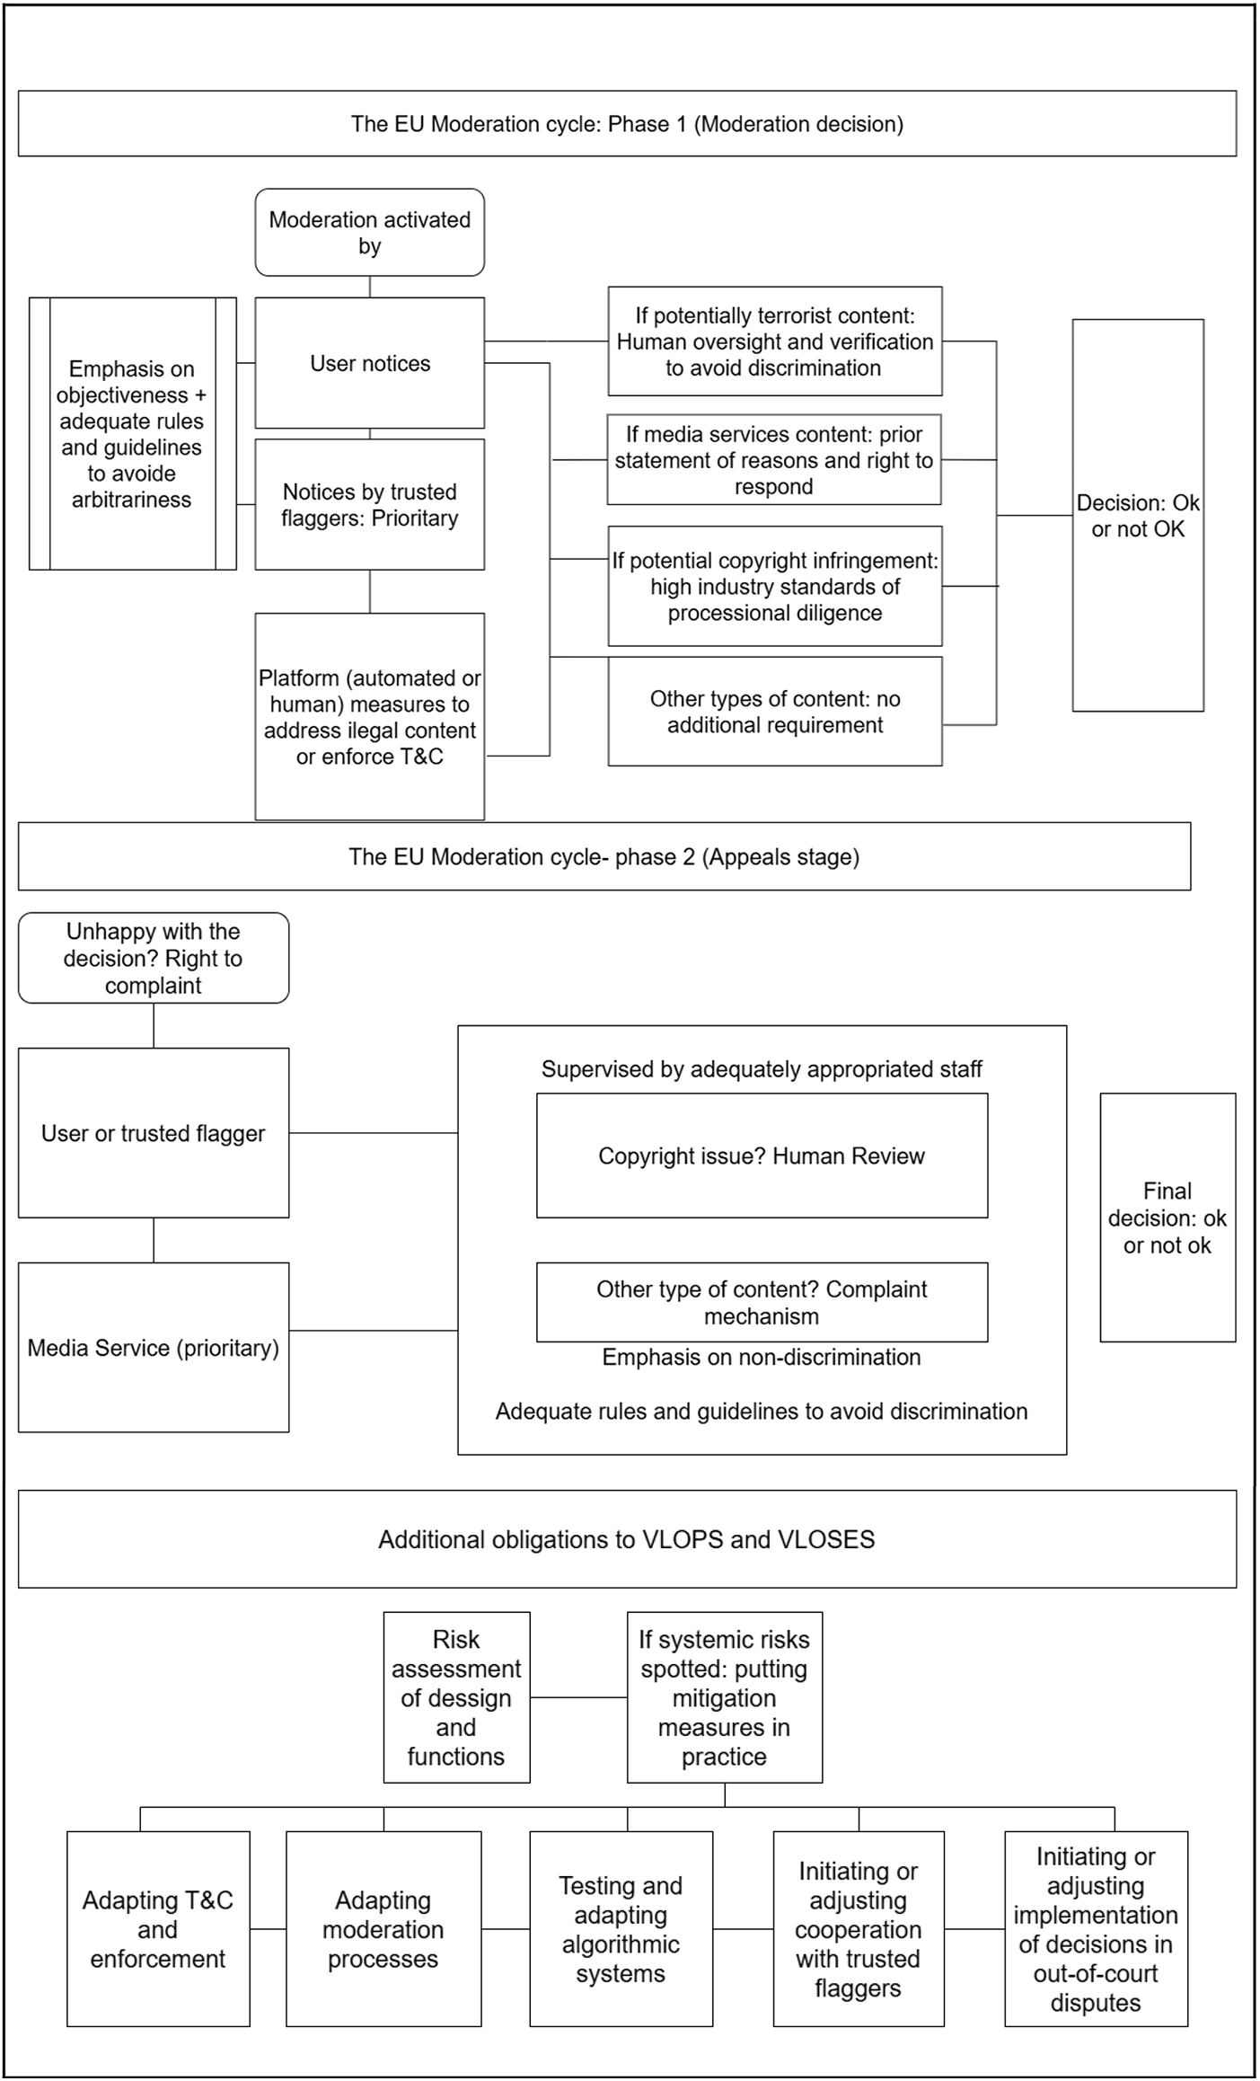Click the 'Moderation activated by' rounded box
pos(369,232)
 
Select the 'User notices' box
pos(369,363)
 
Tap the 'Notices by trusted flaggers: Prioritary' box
pos(369,504)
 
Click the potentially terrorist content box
pos(775,341)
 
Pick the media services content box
pos(774,460)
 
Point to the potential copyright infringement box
pos(775,586)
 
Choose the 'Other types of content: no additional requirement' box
pos(775,712)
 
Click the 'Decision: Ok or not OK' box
pos(1138,515)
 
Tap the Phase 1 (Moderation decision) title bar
pos(627,123)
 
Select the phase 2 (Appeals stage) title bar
pos(604,856)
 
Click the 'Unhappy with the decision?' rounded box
pos(154,958)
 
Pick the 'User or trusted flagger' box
pos(154,1133)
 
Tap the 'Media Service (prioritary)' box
pos(154,1348)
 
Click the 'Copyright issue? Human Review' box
pos(762,1156)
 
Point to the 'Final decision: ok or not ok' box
pos(1167,1218)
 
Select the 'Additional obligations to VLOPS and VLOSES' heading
pos(627,1539)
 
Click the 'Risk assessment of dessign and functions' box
pos(456,1697)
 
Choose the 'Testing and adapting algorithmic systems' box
pos(621,1929)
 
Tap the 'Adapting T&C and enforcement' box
pos(158,1929)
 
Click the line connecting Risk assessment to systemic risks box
pos(578,1697)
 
